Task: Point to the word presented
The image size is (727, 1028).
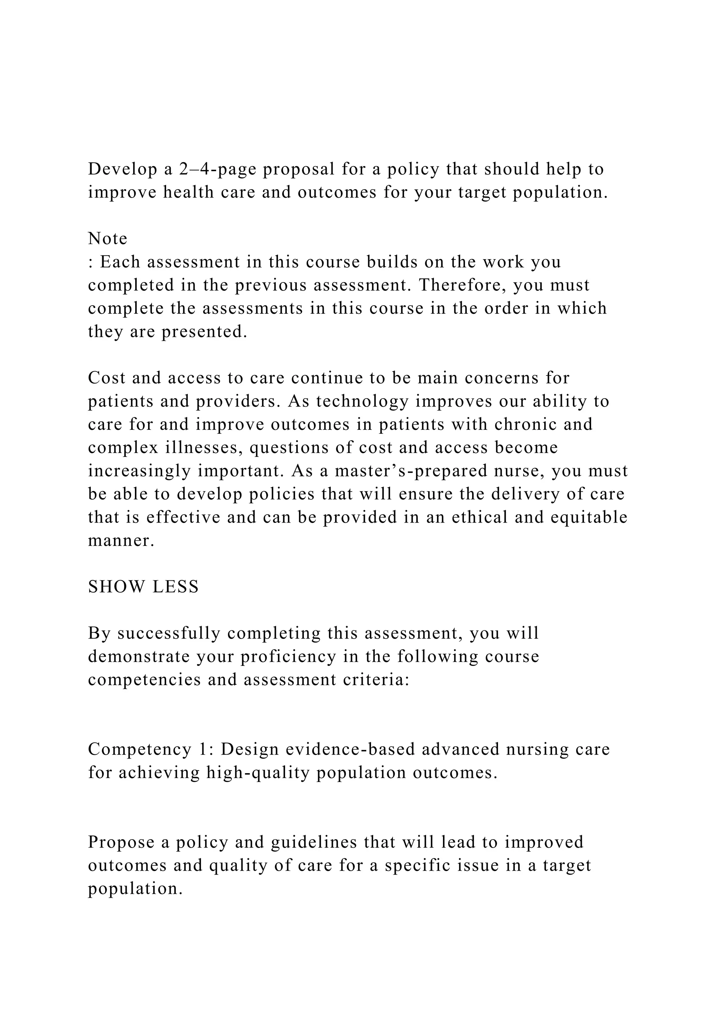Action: [x=204, y=332]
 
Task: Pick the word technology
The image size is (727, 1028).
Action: [x=362, y=401]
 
